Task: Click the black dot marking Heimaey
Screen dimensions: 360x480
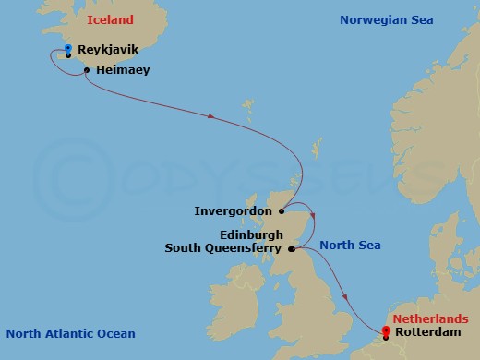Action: pyautogui.click(x=87, y=70)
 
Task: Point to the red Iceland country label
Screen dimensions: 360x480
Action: pyautogui.click(x=111, y=19)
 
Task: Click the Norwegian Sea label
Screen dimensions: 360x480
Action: pyautogui.click(x=385, y=19)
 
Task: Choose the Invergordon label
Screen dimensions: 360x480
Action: pyautogui.click(x=234, y=211)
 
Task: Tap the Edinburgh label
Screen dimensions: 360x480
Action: pyautogui.click(x=250, y=234)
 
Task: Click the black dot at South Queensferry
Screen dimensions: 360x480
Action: pyautogui.click(x=292, y=248)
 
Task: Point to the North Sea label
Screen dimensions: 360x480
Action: pyautogui.click(x=350, y=246)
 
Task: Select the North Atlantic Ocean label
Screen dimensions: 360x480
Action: pyautogui.click(x=70, y=334)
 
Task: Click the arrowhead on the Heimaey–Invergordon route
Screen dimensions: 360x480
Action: pyautogui.click(x=213, y=116)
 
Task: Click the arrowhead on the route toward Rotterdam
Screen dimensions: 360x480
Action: pyautogui.click(x=344, y=296)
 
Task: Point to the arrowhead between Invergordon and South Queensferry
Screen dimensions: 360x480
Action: pyautogui.click(x=313, y=218)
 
